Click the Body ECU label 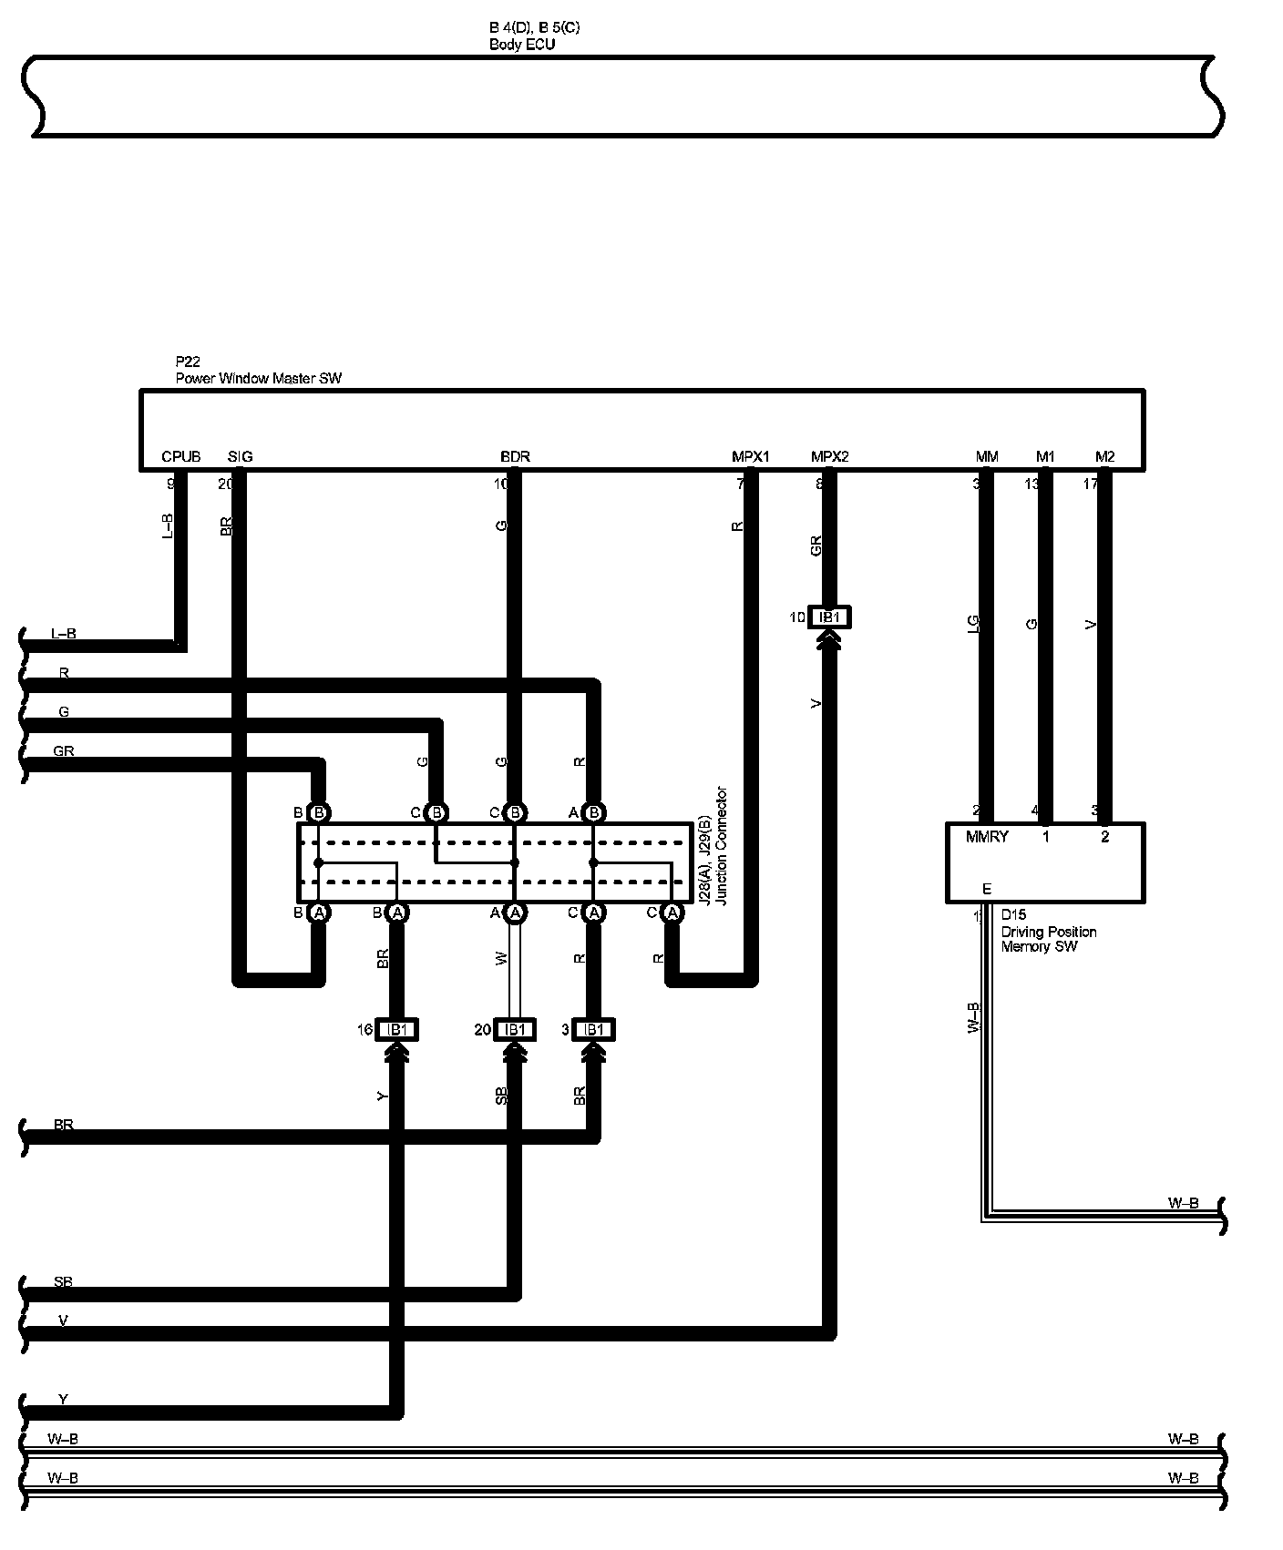pyautogui.click(x=521, y=44)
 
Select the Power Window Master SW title pyautogui.click(x=258, y=378)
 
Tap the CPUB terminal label pyautogui.click(x=180, y=456)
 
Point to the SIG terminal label pyautogui.click(x=240, y=456)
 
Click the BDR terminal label pyautogui.click(x=515, y=456)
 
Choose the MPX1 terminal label pyautogui.click(x=750, y=456)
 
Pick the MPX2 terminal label pyautogui.click(x=829, y=456)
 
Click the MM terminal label pyautogui.click(x=986, y=456)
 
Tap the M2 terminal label pyautogui.click(x=1104, y=456)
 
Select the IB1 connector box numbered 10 pyautogui.click(x=829, y=617)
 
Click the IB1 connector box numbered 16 pyautogui.click(x=396, y=1029)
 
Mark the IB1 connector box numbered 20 pyautogui.click(x=515, y=1029)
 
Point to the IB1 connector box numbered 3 pyautogui.click(x=593, y=1029)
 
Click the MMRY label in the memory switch pyautogui.click(x=987, y=836)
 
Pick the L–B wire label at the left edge pyautogui.click(x=63, y=633)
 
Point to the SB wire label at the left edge pyautogui.click(x=63, y=1282)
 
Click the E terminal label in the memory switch pyautogui.click(x=986, y=889)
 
